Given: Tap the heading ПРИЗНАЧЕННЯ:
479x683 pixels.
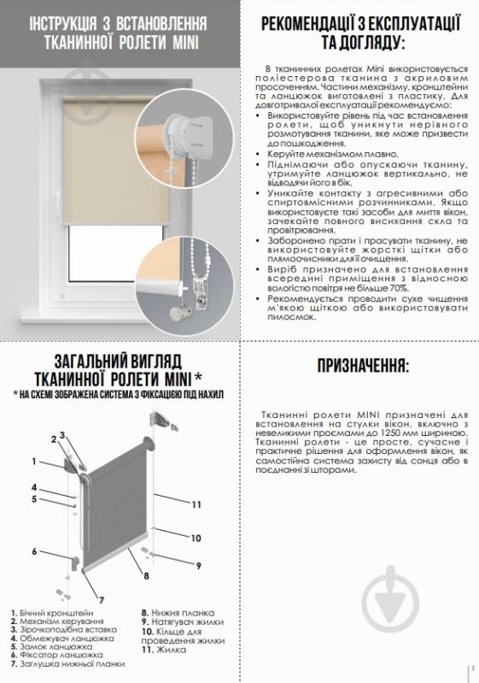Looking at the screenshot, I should point(363,365).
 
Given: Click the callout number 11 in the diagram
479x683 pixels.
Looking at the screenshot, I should point(196,505).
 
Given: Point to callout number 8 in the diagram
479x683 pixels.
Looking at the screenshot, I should point(146,575).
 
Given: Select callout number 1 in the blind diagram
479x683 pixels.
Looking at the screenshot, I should point(35,462).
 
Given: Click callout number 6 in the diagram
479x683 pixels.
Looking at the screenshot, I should point(35,551).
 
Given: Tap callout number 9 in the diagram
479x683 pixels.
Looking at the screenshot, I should point(197,565).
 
